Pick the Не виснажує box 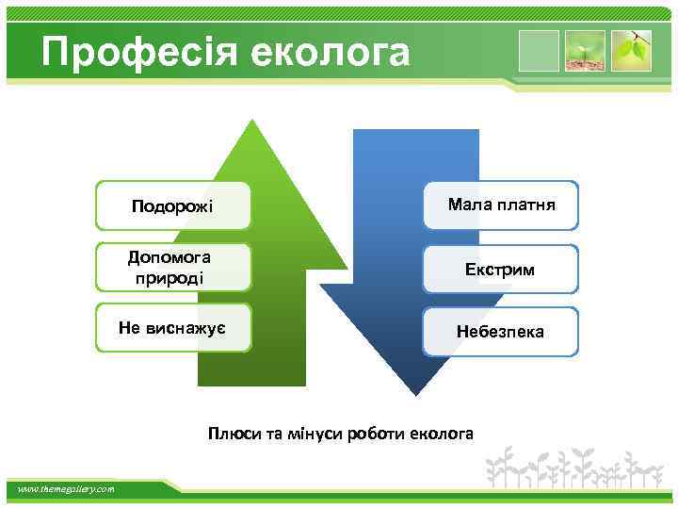pos(173,327)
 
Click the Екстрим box pos(500,270)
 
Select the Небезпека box pos(500,332)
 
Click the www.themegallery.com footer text pos(67,488)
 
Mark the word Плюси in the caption pos(234,434)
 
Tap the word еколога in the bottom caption pos(444,434)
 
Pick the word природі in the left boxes pos(171,279)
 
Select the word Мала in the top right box pos(466,204)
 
